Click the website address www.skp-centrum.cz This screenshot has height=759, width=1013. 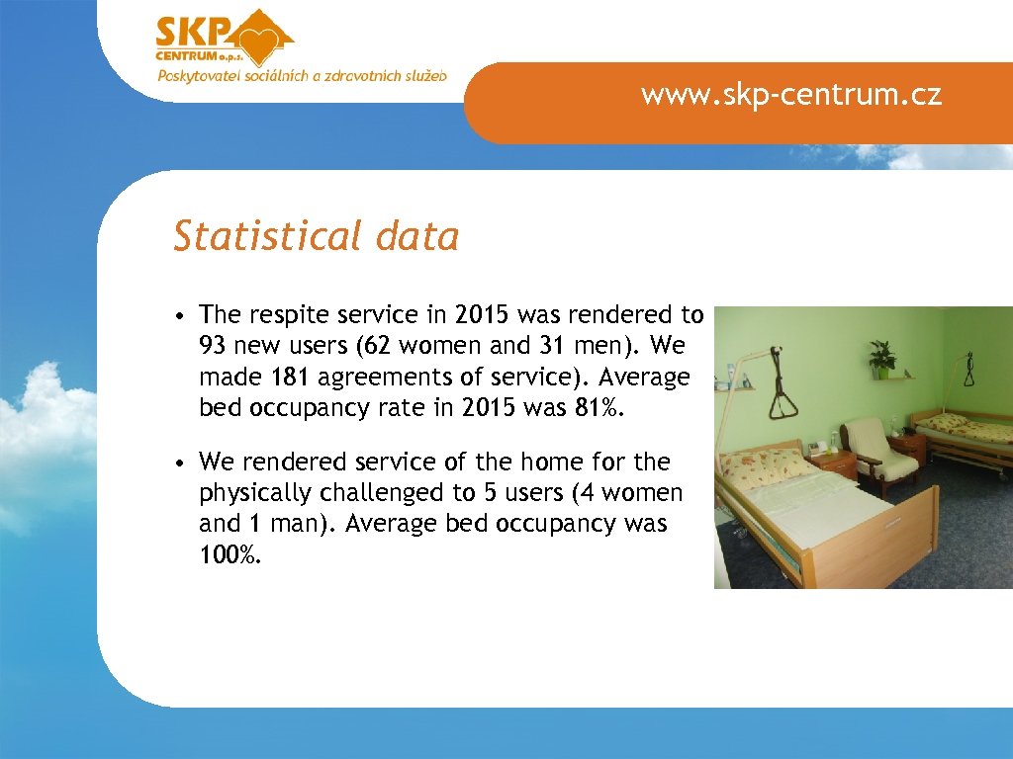pyautogui.click(x=790, y=95)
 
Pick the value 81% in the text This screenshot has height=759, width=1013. pyautogui.click(x=599, y=409)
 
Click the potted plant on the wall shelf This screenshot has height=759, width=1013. pyautogui.click(x=881, y=358)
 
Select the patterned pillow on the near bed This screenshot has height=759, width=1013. pyautogui.click(x=762, y=464)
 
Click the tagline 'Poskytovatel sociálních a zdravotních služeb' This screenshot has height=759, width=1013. pyautogui.click(x=302, y=76)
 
